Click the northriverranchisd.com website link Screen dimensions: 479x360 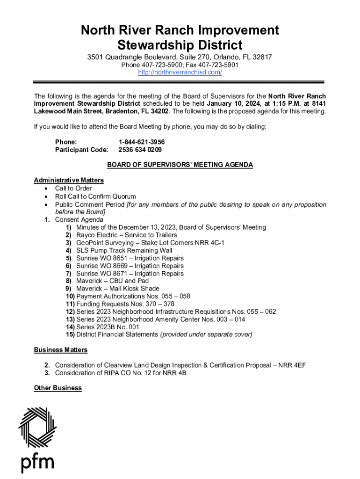180,73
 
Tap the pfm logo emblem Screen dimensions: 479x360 37,428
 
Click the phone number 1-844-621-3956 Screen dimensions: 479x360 142,142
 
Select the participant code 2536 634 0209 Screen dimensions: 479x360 140,150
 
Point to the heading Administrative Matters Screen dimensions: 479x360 69,180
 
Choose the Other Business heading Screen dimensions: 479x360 58,388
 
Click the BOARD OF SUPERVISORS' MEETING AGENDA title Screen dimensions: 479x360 180,165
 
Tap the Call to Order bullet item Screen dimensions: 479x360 73,189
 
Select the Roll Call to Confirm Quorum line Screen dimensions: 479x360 95,196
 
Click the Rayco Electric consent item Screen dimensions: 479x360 126,235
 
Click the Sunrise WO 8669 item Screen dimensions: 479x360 130,266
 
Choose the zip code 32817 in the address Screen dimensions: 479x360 262,57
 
